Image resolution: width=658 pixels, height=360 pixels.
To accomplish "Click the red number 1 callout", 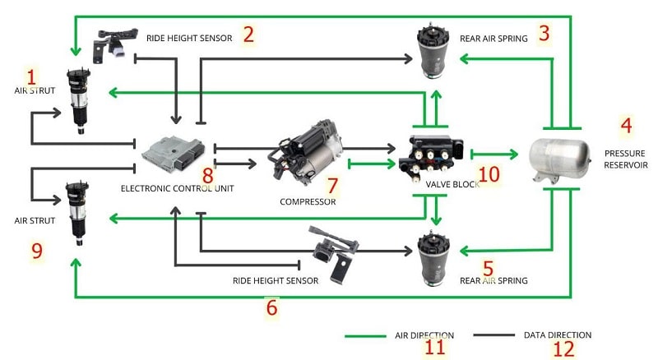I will click(31, 77).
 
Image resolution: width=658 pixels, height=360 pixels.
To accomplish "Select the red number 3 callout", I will click(544, 34).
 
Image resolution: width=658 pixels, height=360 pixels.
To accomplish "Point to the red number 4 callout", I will click(626, 126).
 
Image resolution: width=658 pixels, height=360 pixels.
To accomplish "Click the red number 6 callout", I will click(271, 308).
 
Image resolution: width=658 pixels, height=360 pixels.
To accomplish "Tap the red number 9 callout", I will click(36, 251).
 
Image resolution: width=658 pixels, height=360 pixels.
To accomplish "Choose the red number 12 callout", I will click(563, 348).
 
